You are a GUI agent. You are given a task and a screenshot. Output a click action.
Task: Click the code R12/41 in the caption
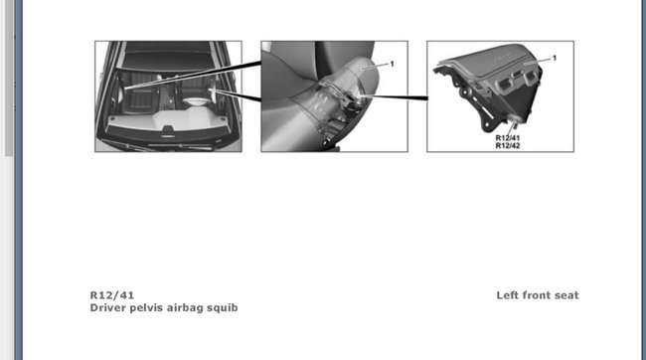(111, 295)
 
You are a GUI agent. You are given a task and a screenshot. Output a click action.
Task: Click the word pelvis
(152, 308)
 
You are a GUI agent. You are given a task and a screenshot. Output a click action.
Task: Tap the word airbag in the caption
(192, 308)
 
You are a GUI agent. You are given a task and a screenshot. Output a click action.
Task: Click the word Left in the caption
(510, 295)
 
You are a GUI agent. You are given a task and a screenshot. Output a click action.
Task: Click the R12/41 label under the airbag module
(508, 137)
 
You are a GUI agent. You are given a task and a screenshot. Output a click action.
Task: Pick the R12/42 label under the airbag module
(508, 145)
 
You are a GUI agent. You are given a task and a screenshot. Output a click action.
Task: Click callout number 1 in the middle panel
(392, 64)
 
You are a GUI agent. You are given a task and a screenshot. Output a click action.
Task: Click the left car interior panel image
(169, 96)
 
